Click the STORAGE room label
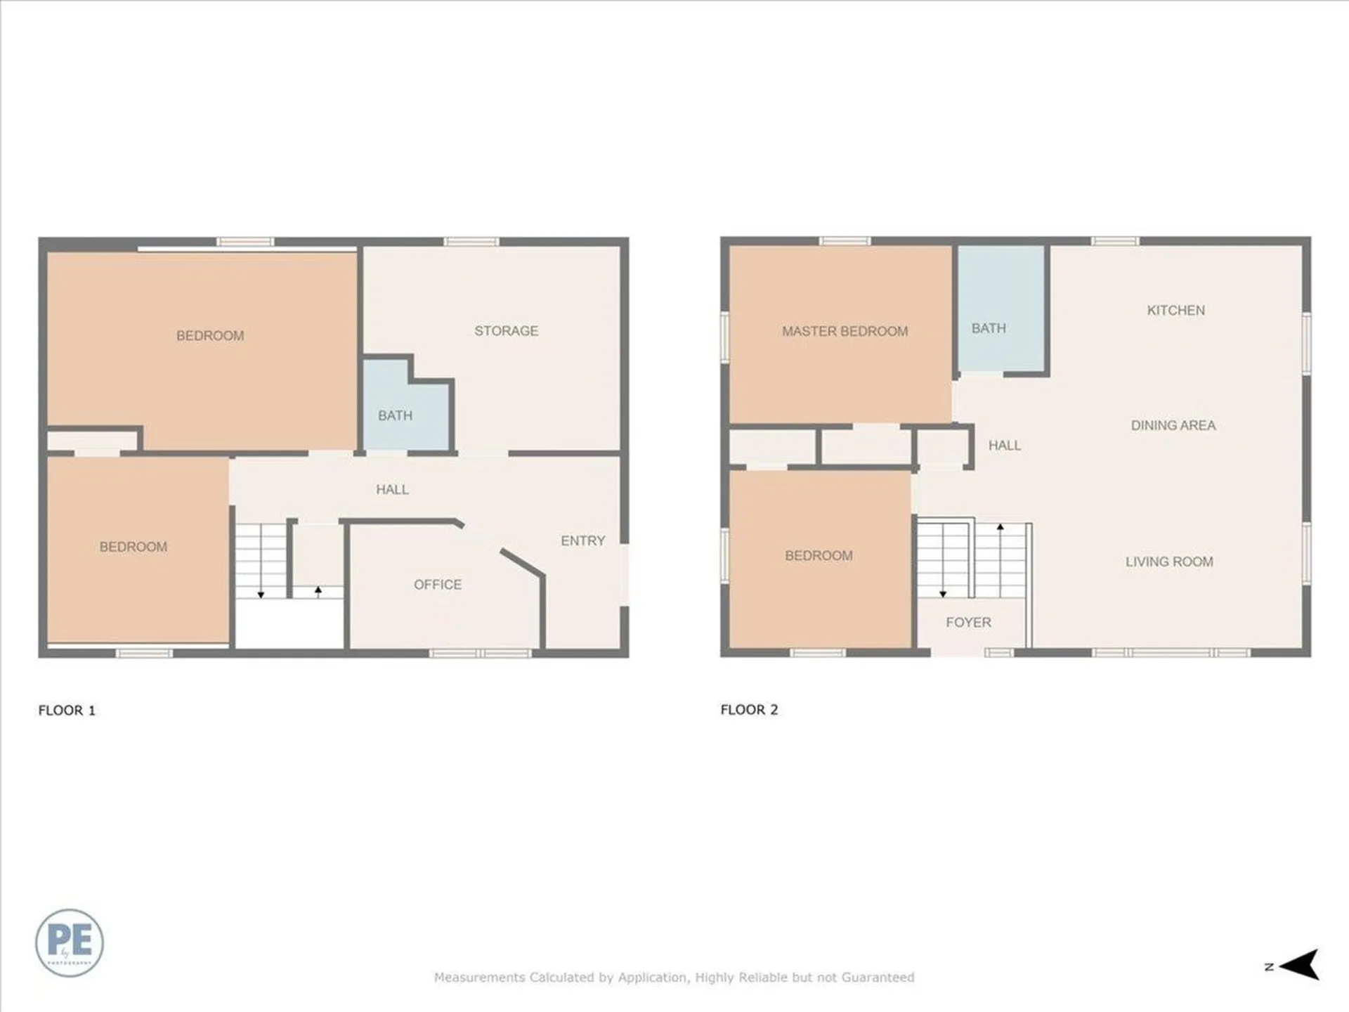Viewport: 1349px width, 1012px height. click(x=506, y=331)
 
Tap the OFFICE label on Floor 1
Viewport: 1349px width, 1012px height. click(x=437, y=585)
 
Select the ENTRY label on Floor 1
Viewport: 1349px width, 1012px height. click(x=582, y=540)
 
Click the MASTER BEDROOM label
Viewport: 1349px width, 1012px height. click(x=845, y=331)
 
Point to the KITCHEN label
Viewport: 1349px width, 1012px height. click(x=1175, y=310)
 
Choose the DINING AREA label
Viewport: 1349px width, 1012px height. click(x=1173, y=425)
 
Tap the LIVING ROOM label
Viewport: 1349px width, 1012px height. click(x=1169, y=562)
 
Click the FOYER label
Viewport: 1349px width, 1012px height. click(x=968, y=622)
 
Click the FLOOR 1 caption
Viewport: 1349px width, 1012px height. click(x=67, y=711)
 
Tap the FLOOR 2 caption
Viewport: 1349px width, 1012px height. click(x=749, y=710)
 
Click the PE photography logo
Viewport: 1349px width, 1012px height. click(x=70, y=942)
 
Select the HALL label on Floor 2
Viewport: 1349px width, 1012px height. click(x=1004, y=446)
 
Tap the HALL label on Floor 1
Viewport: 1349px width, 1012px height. click(x=392, y=490)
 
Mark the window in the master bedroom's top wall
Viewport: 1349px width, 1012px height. click(x=845, y=241)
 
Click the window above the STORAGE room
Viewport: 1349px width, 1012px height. click(x=471, y=242)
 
